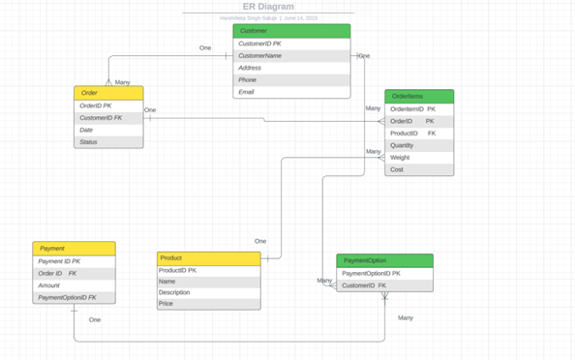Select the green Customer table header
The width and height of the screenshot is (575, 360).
click(x=291, y=31)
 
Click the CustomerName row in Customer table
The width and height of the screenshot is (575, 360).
click(x=291, y=56)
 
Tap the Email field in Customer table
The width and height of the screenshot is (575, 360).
click(x=291, y=92)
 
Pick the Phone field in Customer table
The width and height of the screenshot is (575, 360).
click(x=291, y=80)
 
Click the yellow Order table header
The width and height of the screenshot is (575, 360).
click(x=108, y=93)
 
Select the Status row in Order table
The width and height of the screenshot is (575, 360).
click(x=108, y=142)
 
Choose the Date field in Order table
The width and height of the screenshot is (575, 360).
click(x=108, y=130)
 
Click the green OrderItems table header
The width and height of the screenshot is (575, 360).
click(x=419, y=97)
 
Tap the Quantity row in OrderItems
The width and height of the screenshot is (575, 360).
click(x=419, y=145)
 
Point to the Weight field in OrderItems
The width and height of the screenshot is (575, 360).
click(x=419, y=158)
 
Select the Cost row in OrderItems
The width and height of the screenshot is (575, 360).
click(x=419, y=169)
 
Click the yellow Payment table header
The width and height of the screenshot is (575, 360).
click(x=74, y=249)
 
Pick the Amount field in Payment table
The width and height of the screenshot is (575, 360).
click(x=74, y=285)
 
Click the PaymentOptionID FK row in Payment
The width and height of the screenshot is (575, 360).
click(x=74, y=298)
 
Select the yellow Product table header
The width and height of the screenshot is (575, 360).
click(x=208, y=258)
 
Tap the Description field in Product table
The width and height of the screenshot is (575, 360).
click(x=208, y=292)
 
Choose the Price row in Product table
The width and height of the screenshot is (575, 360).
click(x=208, y=304)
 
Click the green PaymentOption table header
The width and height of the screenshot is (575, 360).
click(x=384, y=260)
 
